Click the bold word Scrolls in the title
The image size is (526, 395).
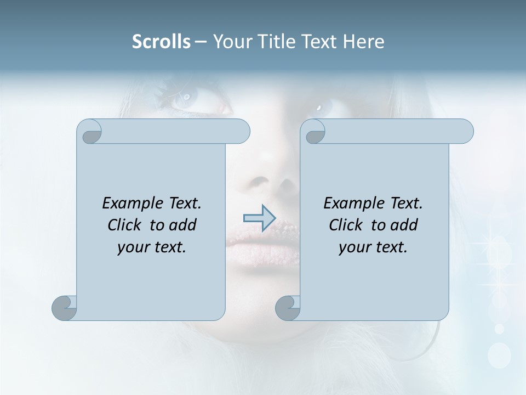tap(161, 42)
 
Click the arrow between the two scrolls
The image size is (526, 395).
tap(259, 218)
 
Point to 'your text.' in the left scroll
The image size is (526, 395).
tap(152, 247)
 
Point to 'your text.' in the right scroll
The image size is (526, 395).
tap(373, 247)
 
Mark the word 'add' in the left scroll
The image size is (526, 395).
tap(184, 225)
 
